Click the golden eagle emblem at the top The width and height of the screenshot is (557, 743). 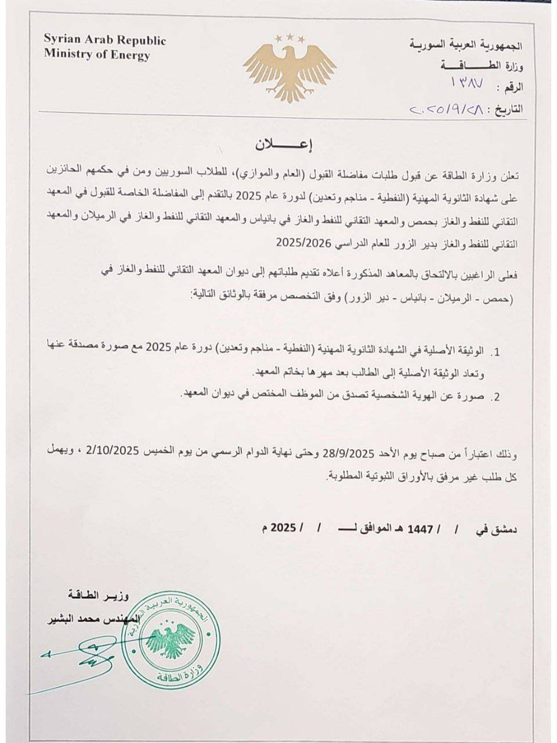point(290,67)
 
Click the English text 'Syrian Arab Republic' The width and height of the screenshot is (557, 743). point(105,41)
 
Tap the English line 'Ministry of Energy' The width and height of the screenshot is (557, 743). point(97,56)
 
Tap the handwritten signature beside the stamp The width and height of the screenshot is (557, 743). point(81,656)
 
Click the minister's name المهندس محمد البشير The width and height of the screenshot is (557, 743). point(93,619)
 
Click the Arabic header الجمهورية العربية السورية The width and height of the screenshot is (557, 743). point(467,45)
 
